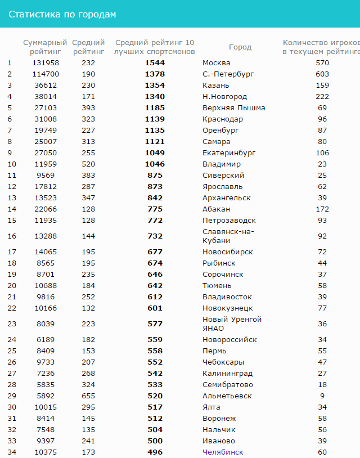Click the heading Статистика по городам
62,14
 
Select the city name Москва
216,62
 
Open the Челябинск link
223,452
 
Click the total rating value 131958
46,62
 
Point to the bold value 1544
155,62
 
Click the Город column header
240,47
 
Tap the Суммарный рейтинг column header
45,47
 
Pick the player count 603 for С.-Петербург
322,74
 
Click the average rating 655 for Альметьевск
88,396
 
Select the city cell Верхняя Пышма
233,107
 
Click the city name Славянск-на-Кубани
228,236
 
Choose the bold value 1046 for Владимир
155,164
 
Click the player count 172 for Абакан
322,209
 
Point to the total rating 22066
46,209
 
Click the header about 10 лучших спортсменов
155,47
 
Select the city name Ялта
211,407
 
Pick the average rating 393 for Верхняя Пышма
88,107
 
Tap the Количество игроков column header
321,47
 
